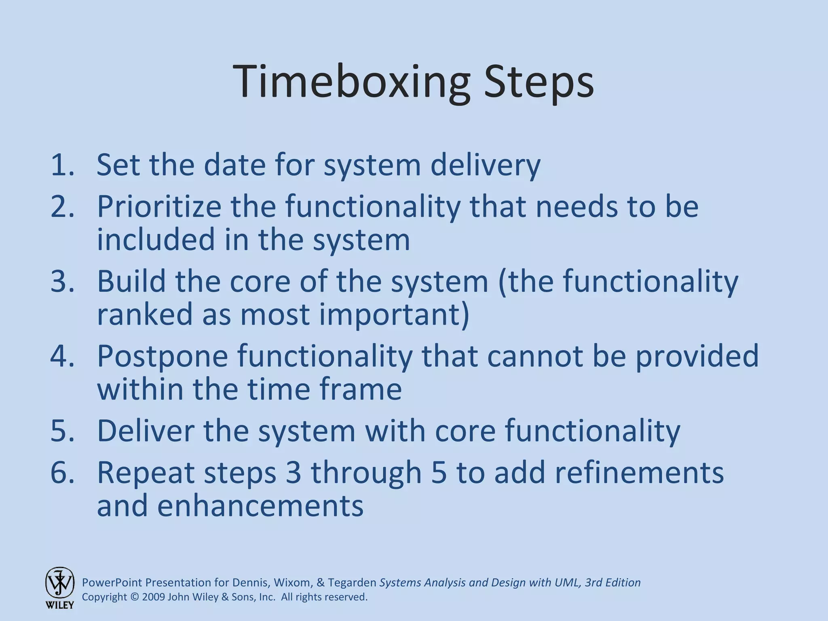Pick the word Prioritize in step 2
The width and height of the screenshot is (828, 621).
(x=159, y=207)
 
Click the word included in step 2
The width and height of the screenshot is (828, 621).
(x=156, y=239)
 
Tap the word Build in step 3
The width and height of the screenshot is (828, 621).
(x=131, y=281)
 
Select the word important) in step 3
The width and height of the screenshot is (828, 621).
(x=394, y=315)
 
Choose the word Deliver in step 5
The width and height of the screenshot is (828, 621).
(x=146, y=431)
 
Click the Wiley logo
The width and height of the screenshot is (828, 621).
(x=59, y=587)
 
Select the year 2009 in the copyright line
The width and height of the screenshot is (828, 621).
(x=153, y=597)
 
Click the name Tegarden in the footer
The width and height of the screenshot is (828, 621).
(x=352, y=583)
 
